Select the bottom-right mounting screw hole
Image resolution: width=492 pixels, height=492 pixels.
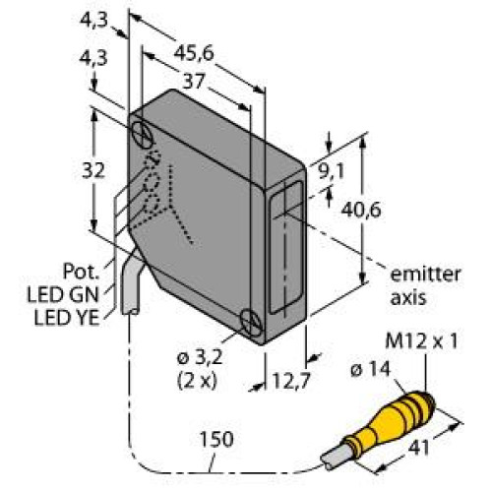coord(251,321)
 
